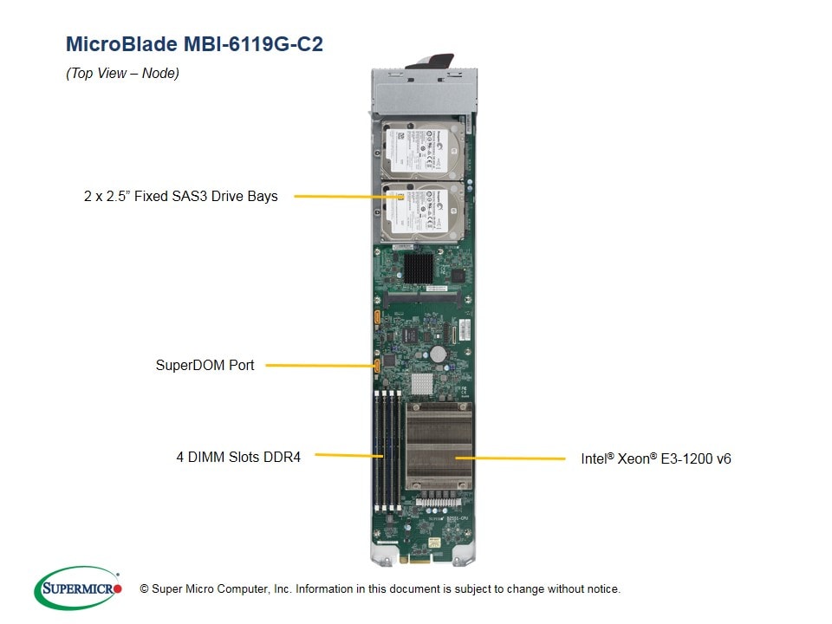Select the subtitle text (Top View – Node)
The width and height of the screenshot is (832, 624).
point(122,74)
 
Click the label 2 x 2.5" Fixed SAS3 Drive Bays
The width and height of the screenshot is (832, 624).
point(180,197)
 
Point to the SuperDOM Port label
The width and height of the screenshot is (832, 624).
point(205,366)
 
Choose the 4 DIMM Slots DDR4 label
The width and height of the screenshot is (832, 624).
point(238,457)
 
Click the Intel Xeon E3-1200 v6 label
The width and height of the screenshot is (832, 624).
point(655,458)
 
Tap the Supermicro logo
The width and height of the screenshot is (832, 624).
point(78,588)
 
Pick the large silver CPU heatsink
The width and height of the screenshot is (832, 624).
point(439,450)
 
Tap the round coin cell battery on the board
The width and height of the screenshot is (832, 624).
point(439,354)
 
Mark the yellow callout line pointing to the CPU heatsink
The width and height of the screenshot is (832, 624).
point(511,458)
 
